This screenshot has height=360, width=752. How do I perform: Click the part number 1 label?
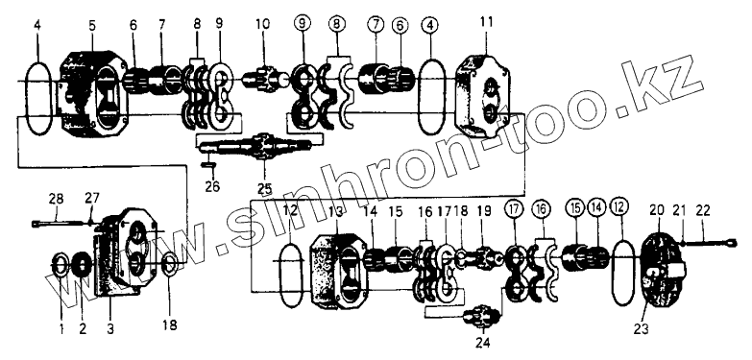tap(61, 329)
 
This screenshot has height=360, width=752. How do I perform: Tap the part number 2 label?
tap(83, 329)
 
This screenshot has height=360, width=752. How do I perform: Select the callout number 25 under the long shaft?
tap(264, 185)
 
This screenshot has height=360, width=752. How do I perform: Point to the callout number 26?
tap(212, 185)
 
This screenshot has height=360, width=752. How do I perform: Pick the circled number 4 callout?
tap(430, 26)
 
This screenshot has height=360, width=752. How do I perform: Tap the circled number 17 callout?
tap(513, 209)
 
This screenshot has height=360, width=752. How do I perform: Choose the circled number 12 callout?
tap(619, 209)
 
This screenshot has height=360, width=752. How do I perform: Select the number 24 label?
tap(483, 343)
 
